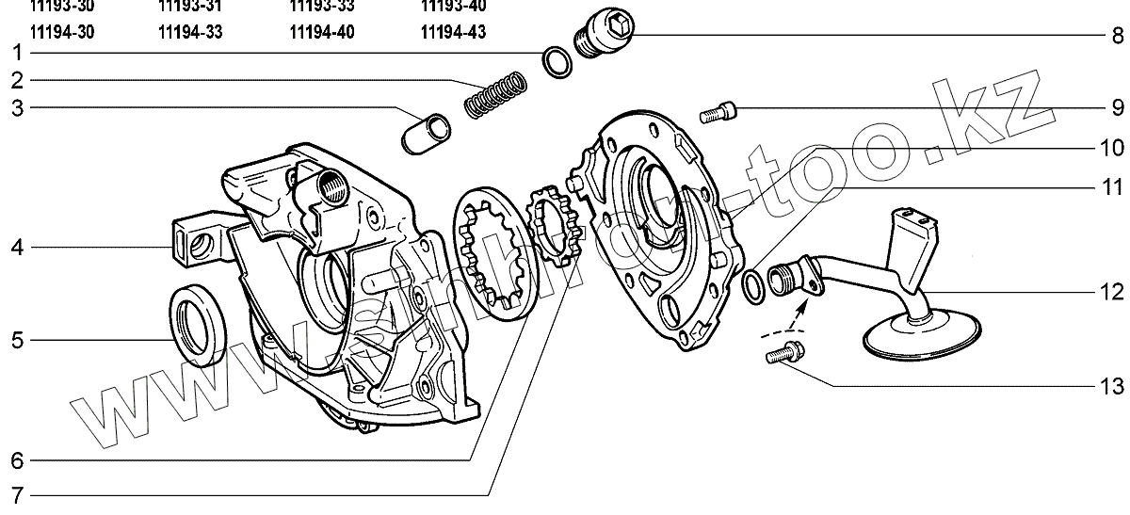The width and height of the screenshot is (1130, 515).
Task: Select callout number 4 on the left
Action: (x=17, y=249)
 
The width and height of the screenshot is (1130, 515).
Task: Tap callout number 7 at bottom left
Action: (x=17, y=494)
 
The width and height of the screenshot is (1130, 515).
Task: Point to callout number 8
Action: (x=1117, y=38)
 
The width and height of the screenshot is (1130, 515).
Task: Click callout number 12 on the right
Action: (x=1112, y=292)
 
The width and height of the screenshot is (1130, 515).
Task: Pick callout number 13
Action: (x=1112, y=386)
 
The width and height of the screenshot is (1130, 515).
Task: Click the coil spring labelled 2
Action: (x=495, y=94)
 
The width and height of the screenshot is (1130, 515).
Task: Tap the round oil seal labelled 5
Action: (x=199, y=321)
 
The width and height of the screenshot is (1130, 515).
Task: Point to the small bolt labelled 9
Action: (x=719, y=114)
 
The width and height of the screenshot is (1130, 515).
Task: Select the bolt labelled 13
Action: (x=783, y=355)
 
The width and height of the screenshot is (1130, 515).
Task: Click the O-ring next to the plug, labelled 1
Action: (x=557, y=61)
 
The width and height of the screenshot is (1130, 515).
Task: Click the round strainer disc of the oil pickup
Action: (x=920, y=337)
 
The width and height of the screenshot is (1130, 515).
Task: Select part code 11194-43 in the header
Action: (x=453, y=32)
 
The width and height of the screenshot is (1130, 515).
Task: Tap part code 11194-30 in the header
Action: (x=62, y=32)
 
